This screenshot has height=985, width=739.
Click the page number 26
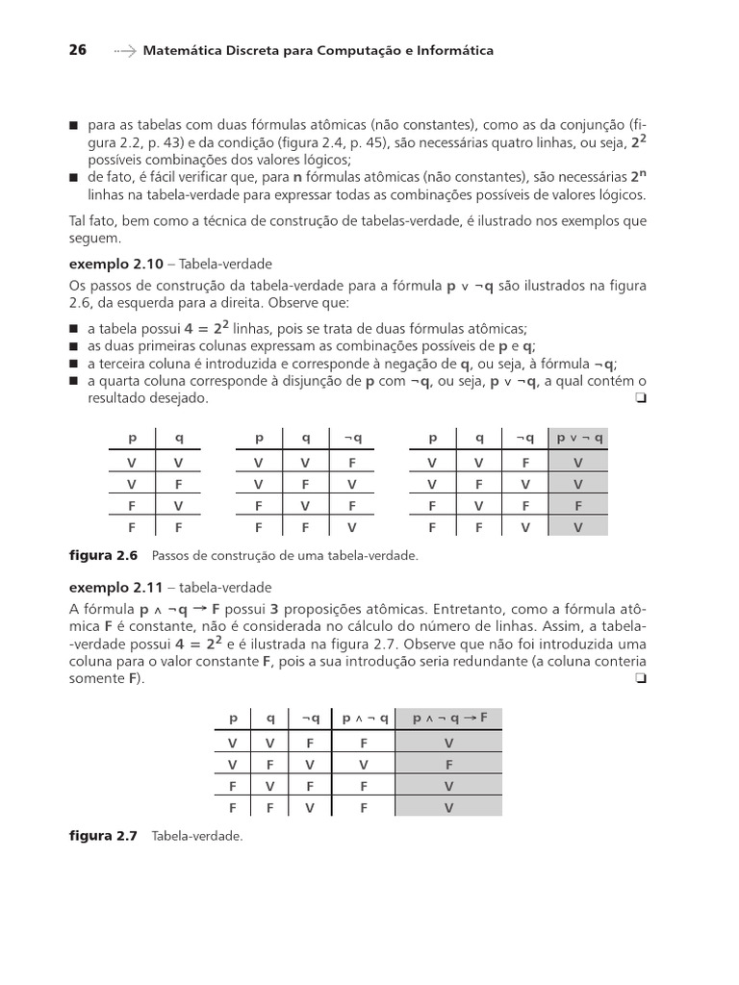(x=78, y=50)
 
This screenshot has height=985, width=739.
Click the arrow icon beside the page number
(x=124, y=50)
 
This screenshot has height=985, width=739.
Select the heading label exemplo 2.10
(x=110, y=263)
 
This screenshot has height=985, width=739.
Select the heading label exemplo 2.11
(x=110, y=587)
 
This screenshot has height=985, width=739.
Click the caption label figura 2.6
(x=104, y=556)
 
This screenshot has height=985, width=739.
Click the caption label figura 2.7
(x=104, y=837)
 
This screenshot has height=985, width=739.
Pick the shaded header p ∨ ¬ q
(x=577, y=438)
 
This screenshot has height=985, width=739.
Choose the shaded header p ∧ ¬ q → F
(x=449, y=719)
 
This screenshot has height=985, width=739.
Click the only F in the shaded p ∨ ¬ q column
(x=577, y=505)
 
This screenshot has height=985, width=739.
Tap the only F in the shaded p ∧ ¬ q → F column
(x=449, y=765)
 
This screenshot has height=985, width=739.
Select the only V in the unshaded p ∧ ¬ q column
(x=364, y=765)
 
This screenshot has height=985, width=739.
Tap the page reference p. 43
(x=140, y=142)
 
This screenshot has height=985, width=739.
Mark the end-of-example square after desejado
(x=640, y=397)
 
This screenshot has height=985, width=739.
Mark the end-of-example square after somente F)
(x=640, y=679)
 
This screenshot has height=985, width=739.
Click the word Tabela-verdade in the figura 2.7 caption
(x=197, y=837)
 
